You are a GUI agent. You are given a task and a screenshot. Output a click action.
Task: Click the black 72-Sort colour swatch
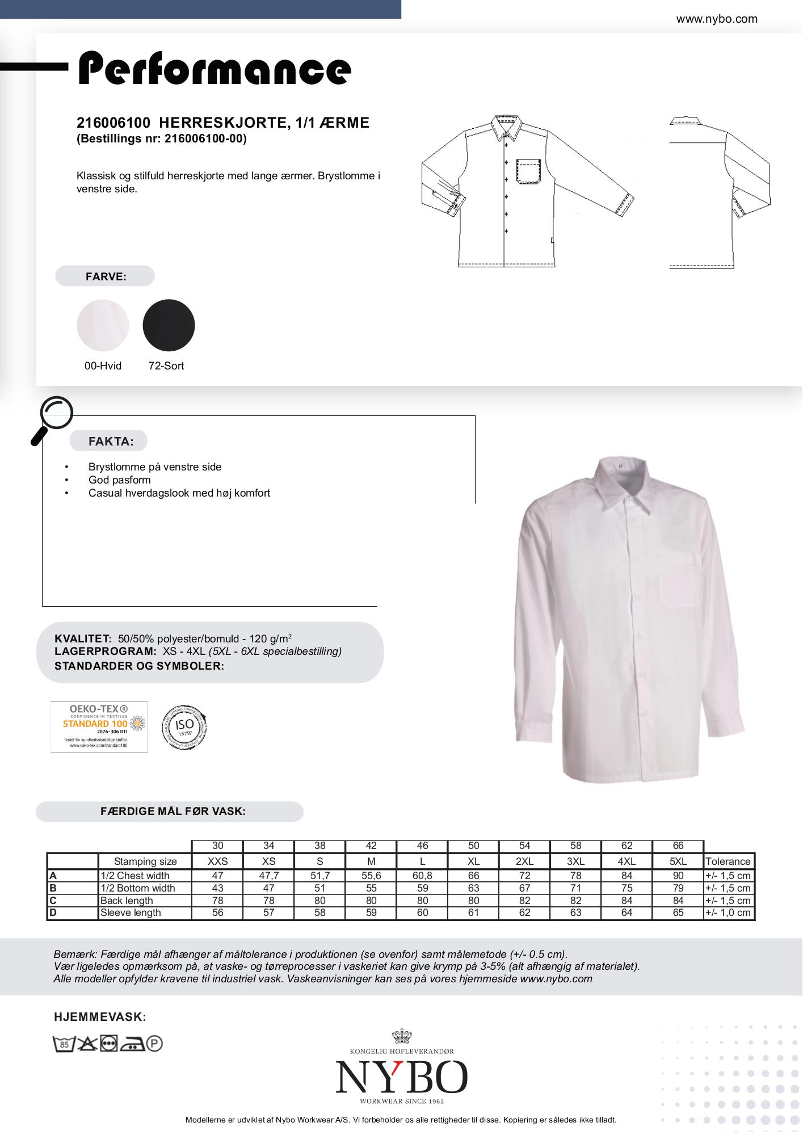click(169, 325)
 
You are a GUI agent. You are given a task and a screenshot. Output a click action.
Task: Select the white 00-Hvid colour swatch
click(103, 325)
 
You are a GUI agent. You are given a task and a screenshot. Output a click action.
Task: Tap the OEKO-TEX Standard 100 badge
click(99, 727)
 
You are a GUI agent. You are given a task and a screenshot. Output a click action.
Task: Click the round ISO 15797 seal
click(184, 726)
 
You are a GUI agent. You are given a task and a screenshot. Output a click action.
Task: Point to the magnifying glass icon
click(53, 418)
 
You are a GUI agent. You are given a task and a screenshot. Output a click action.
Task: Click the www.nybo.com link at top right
click(716, 19)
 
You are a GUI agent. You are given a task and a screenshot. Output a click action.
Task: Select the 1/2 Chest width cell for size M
click(371, 876)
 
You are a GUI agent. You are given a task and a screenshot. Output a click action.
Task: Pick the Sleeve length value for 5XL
click(678, 913)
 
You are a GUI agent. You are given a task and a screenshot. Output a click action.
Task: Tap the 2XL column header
click(524, 861)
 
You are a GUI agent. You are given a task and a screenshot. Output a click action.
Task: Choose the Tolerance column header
click(728, 861)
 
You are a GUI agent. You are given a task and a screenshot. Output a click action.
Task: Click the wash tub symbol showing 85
click(64, 1044)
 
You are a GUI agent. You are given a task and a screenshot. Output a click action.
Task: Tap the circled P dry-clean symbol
click(154, 1043)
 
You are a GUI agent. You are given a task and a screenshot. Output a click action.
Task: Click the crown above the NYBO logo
click(402, 1036)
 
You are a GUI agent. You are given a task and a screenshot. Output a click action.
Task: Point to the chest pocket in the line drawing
click(528, 173)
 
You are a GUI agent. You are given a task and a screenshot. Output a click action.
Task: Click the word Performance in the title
click(215, 69)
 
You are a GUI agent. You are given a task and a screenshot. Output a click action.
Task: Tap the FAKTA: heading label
click(111, 442)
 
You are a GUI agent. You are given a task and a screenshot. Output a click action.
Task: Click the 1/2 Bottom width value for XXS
click(217, 888)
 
